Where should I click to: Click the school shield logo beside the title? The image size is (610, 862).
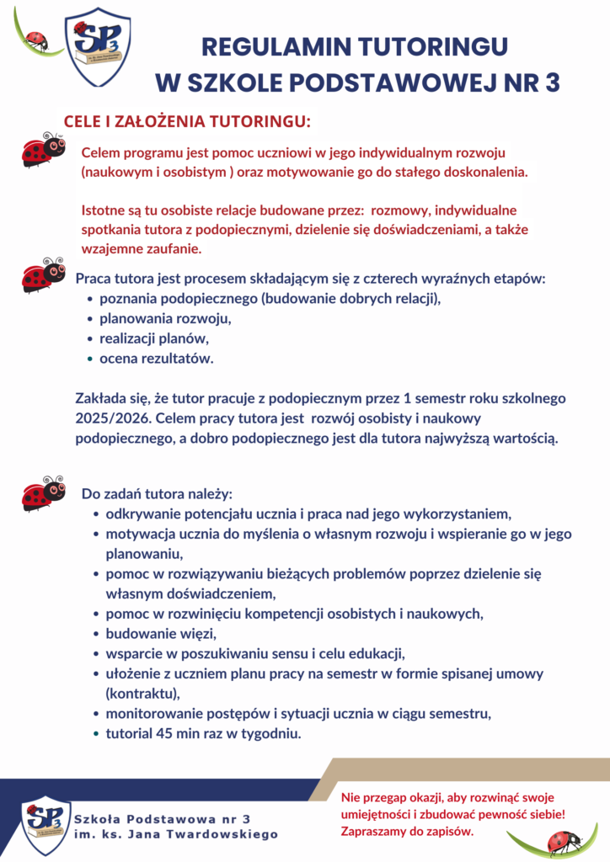[x=98, y=47]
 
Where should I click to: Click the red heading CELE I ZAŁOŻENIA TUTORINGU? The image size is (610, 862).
[x=188, y=122]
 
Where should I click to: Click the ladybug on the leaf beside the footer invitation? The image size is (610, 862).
[x=563, y=840]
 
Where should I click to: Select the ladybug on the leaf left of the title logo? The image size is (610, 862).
[x=36, y=38]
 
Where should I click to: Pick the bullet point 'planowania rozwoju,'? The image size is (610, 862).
[x=165, y=320]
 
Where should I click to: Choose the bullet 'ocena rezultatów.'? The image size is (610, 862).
[x=157, y=359]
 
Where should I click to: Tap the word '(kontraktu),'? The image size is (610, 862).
[x=143, y=694]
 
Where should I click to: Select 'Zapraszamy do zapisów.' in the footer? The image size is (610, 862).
[x=407, y=832]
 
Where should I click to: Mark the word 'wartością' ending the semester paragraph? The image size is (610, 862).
[x=524, y=438]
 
